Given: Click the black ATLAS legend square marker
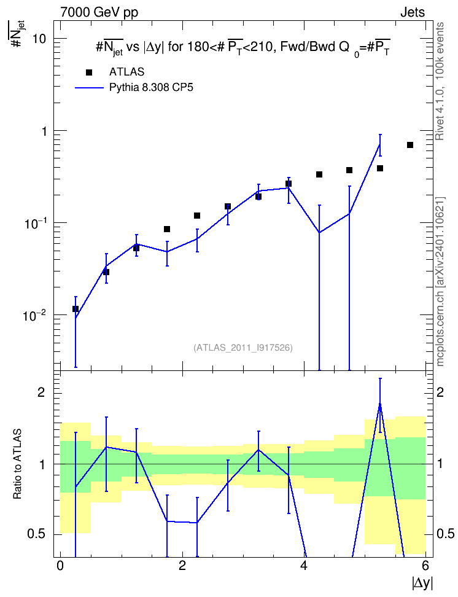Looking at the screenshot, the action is pyautogui.click(x=89, y=72).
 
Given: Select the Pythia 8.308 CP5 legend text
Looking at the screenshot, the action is pyautogui.click(x=151, y=88).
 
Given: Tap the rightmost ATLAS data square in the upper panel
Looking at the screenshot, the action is pyautogui.click(x=410, y=145).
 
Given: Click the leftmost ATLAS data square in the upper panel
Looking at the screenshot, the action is pyautogui.click(x=76, y=309).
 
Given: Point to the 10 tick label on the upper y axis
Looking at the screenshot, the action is pyautogui.click(x=39, y=39).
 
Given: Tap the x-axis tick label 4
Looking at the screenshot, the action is pyautogui.click(x=304, y=564).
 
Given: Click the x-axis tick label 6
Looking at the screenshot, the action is pyautogui.click(x=425, y=564).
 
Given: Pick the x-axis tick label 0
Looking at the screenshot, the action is pyautogui.click(x=60, y=564).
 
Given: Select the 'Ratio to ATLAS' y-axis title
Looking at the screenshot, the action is pyautogui.click(x=17, y=464).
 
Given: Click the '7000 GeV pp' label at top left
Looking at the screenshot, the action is pyautogui.click(x=99, y=12).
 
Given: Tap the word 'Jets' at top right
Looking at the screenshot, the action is pyautogui.click(x=413, y=12).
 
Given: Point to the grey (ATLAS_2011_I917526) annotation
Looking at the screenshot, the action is pyautogui.click(x=243, y=348).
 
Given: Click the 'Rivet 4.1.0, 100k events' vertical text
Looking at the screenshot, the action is pyautogui.click(x=440, y=81).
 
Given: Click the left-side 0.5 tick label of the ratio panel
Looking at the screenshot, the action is pyautogui.click(x=36, y=534).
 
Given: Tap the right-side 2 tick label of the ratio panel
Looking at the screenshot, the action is pyautogui.click(x=440, y=392).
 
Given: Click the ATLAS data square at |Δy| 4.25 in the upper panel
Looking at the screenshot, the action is pyautogui.click(x=319, y=174).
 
